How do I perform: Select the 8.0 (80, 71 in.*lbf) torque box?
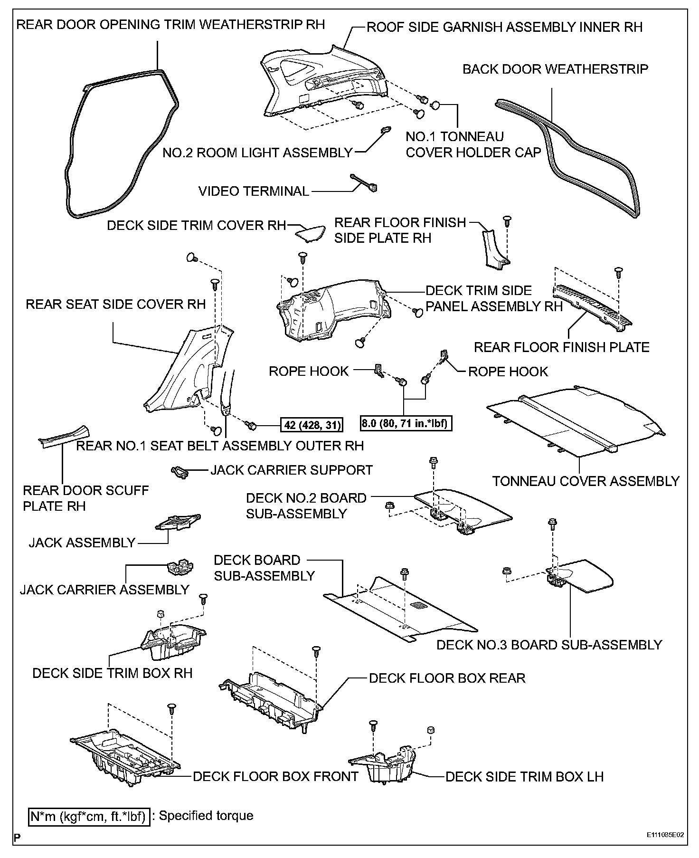[x=406, y=423]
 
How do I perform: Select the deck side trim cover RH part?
[x=310, y=233]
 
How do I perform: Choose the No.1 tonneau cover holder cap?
[x=435, y=105]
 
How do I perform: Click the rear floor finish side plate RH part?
[x=494, y=249]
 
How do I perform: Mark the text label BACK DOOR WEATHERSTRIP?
[x=555, y=69]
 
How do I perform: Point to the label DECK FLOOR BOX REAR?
[x=447, y=677]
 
